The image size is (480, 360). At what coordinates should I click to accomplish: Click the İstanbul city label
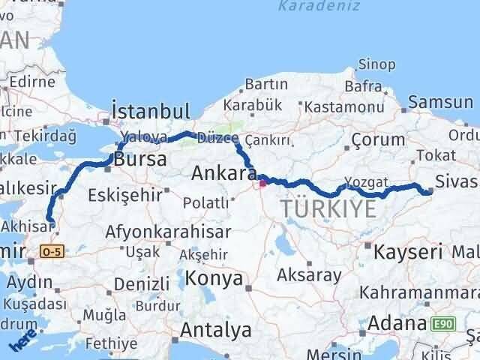pyautogui.click(x=150, y=111)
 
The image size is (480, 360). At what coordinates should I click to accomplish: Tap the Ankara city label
pyautogui.click(x=220, y=173)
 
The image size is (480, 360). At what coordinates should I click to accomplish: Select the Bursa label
pyautogui.click(x=140, y=159)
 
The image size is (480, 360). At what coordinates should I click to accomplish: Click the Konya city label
pyautogui.click(x=215, y=279)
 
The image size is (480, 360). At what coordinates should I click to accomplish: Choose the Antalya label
pyautogui.click(x=215, y=329)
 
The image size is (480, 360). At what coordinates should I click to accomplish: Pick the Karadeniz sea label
pyautogui.click(x=310, y=7)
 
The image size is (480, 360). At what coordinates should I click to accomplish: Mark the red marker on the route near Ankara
pyautogui.click(x=262, y=180)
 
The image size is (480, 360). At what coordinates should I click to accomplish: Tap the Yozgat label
pyautogui.click(x=367, y=181)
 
